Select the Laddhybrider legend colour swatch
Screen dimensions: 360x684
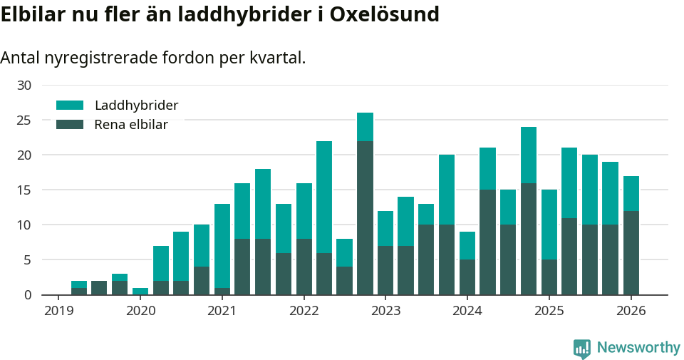click(70, 106)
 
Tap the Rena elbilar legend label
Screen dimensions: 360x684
click(131, 125)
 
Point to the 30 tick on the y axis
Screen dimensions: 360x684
click(24, 86)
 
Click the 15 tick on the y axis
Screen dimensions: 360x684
click(24, 190)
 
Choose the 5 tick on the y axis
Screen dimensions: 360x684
click(28, 260)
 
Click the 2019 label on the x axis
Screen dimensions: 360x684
click(58, 311)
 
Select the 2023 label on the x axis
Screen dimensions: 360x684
click(385, 311)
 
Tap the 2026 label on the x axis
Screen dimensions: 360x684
click(631, 311)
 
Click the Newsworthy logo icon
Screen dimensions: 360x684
click(581, 348)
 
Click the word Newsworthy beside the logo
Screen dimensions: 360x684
click(638, 348)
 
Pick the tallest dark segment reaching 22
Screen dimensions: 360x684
click(365, 217)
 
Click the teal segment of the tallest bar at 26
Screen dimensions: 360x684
click(365, 127)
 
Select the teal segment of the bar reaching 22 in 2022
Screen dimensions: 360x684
click(324, 197)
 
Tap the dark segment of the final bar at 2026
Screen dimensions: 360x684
click(631, 252)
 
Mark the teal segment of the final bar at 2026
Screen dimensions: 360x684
click(631, 193)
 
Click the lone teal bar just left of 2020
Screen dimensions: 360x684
click(140, 291)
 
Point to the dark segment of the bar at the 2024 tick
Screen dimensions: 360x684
click(467, 277)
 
